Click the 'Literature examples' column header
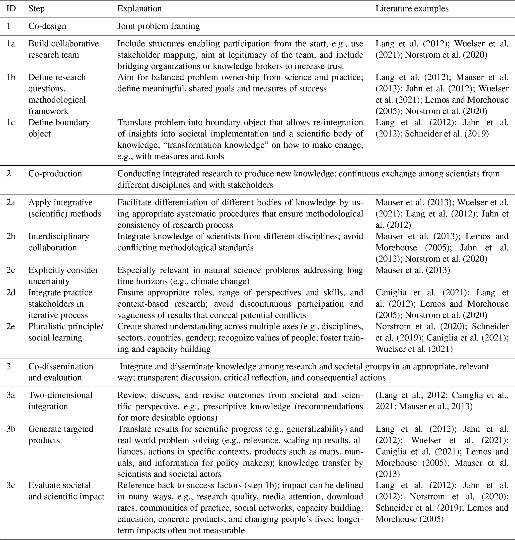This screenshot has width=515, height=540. [412, 8]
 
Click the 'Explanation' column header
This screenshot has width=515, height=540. [140, 8]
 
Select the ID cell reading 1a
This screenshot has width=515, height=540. [11, 44]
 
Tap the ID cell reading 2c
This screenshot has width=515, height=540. [11, 270]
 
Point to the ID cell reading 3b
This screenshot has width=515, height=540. [11, 429]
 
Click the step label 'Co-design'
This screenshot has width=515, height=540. [47, 26]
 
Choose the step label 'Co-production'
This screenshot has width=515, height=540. [55, 174]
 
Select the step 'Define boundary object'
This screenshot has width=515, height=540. [59, 128]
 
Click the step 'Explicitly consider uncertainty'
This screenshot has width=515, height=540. [63, 275]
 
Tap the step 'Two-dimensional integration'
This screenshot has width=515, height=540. [60, 401]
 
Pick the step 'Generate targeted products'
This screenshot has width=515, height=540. [61, 434]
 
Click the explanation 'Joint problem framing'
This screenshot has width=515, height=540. [158, 26]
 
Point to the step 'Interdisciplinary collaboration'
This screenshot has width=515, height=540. [59, 242]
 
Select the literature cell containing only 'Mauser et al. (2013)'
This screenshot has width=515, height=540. [413, 270]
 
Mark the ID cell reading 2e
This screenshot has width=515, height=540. [11, 327]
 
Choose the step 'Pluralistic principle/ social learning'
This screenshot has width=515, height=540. [66, 332]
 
